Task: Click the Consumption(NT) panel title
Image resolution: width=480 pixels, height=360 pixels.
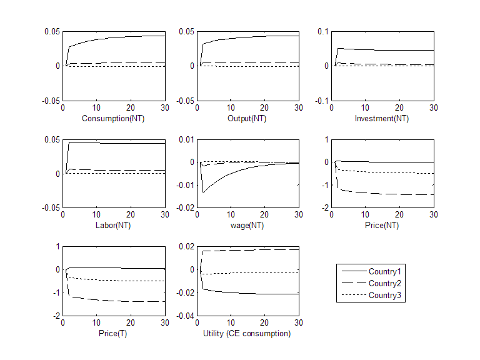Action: [113, 118]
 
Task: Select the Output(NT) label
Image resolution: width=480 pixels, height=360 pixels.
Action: [248, 118]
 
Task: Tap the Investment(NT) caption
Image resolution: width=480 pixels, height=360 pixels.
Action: [382, 118]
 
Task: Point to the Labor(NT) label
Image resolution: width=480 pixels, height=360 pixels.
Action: [113, 226]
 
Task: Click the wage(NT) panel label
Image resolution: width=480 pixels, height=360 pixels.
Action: [248, 226]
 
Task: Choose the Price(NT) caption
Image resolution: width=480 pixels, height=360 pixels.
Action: [382, 226]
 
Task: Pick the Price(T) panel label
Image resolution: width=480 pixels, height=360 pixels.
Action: [113, 333]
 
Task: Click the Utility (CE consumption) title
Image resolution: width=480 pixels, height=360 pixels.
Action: [247, 333]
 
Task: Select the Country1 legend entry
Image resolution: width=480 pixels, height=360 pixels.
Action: [383, 272]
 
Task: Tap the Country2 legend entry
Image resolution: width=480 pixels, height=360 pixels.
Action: [383, 284]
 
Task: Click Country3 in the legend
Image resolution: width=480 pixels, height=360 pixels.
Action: [383, 295]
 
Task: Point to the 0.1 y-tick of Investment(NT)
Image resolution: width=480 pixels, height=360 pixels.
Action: [324, 32]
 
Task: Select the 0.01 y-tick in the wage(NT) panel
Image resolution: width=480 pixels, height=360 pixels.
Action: [187, 139]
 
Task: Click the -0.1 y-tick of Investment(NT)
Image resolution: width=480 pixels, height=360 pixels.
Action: [322, 101]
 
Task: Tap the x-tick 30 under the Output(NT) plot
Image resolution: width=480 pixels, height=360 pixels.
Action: [298, 108]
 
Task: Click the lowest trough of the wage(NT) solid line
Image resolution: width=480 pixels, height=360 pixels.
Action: [203, 193]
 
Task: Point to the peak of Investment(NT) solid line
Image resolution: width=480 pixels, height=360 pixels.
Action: [338, 48]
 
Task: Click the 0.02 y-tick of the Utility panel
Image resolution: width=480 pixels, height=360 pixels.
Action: [187, 247]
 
